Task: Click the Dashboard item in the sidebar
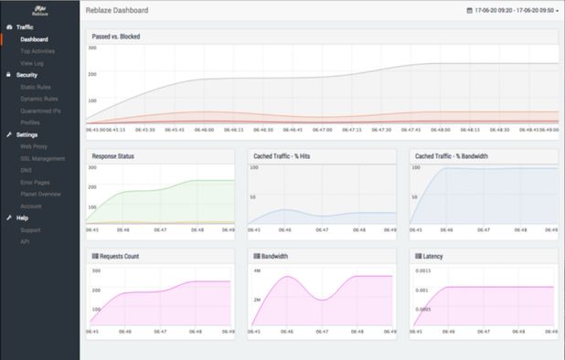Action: click(35, 39)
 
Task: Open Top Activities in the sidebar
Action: click(37, 51)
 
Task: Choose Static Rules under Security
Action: click(35, 87)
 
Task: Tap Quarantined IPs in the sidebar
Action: click(40, 110)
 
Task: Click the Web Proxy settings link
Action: click(33, 146)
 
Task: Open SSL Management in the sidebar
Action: click(42, 158)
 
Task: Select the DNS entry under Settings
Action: click(26, 170)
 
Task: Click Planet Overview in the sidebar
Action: click(40, 194)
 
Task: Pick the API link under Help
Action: click(25, 241)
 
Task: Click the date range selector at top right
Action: click(512, 11)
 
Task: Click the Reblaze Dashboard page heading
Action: click(116, 11)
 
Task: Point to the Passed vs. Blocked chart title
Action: click(116, 37)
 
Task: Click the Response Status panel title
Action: click(113, 156)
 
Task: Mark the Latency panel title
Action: click(432, 257)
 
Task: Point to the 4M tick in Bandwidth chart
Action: click(257, 272)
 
